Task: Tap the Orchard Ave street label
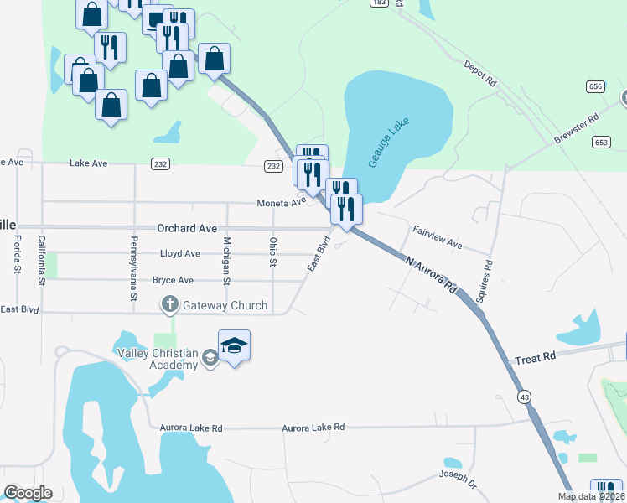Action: click(187, 228)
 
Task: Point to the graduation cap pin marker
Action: click(235, 346)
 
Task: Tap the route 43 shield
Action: click(525, 396)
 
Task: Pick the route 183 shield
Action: click(380, 3)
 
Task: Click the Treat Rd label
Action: click(536, 357)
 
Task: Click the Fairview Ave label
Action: click(437, 236)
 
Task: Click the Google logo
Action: click(28, 493)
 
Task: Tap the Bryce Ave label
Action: click(173, 280)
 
